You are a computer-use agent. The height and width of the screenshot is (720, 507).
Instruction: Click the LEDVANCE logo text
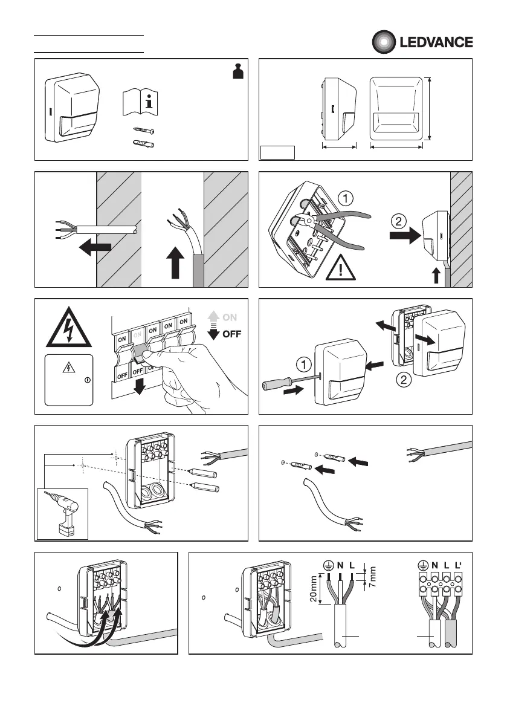click(x=436, y=42)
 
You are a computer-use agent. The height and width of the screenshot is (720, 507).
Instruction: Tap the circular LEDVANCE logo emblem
click(x=382, y=42)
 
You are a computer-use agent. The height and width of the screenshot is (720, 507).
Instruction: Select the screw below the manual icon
click(x=143, y=131)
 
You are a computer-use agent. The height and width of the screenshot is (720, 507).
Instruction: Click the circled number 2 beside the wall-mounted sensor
click(x=398, y=221)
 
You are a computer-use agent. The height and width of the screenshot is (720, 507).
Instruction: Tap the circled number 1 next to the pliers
click(x=343, y=197)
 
